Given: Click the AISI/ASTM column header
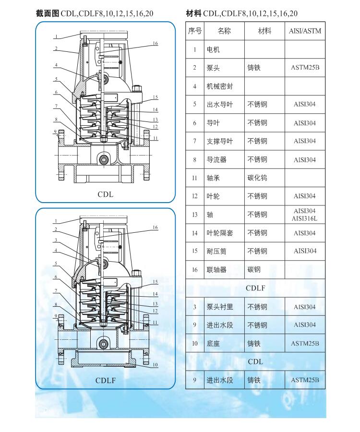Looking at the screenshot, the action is (x=305, y=31).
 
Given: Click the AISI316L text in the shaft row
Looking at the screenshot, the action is (x=305, y=219).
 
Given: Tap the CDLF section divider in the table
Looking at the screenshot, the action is (x=255, y=288).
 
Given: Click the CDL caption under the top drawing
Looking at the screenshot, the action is (x=106, y=194).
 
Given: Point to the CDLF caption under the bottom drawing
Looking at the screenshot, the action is (x=106, y=381).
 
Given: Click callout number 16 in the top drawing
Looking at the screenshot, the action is (x=156, y=43).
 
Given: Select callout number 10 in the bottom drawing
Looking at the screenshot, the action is (x=156, y=365).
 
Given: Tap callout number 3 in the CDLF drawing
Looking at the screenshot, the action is (x=56, y=240).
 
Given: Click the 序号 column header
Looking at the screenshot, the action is (x=195, y=31).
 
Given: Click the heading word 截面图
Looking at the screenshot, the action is (x=48, y=13).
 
